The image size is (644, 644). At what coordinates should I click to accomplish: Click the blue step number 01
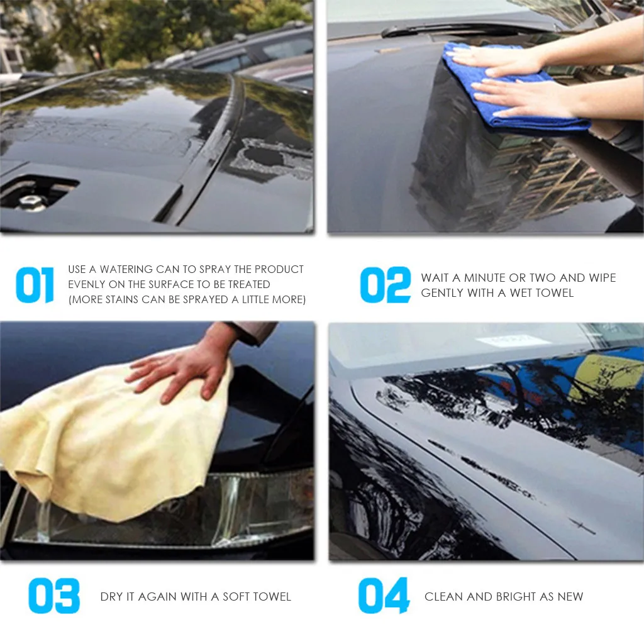[x=35, y=285]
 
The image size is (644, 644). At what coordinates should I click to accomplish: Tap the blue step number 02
[x=386, y=285]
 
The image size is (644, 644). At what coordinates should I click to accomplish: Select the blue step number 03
[x=54, y=596]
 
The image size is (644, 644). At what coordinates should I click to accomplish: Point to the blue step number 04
[x=384, y=596]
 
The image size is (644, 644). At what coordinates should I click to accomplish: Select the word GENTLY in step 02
[x=441, y=293]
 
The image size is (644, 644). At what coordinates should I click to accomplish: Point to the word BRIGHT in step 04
[x=516, y=597]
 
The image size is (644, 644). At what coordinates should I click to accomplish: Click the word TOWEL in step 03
[x=273, y=597]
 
